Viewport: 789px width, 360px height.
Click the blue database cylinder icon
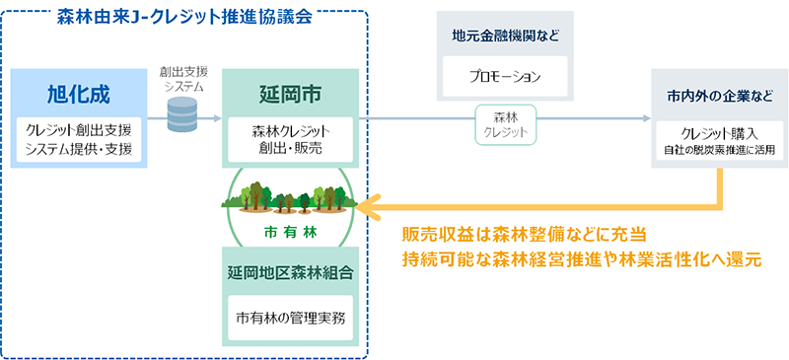(x=181, y=114)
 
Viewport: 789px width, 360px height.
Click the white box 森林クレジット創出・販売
(x=289, y=140)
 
